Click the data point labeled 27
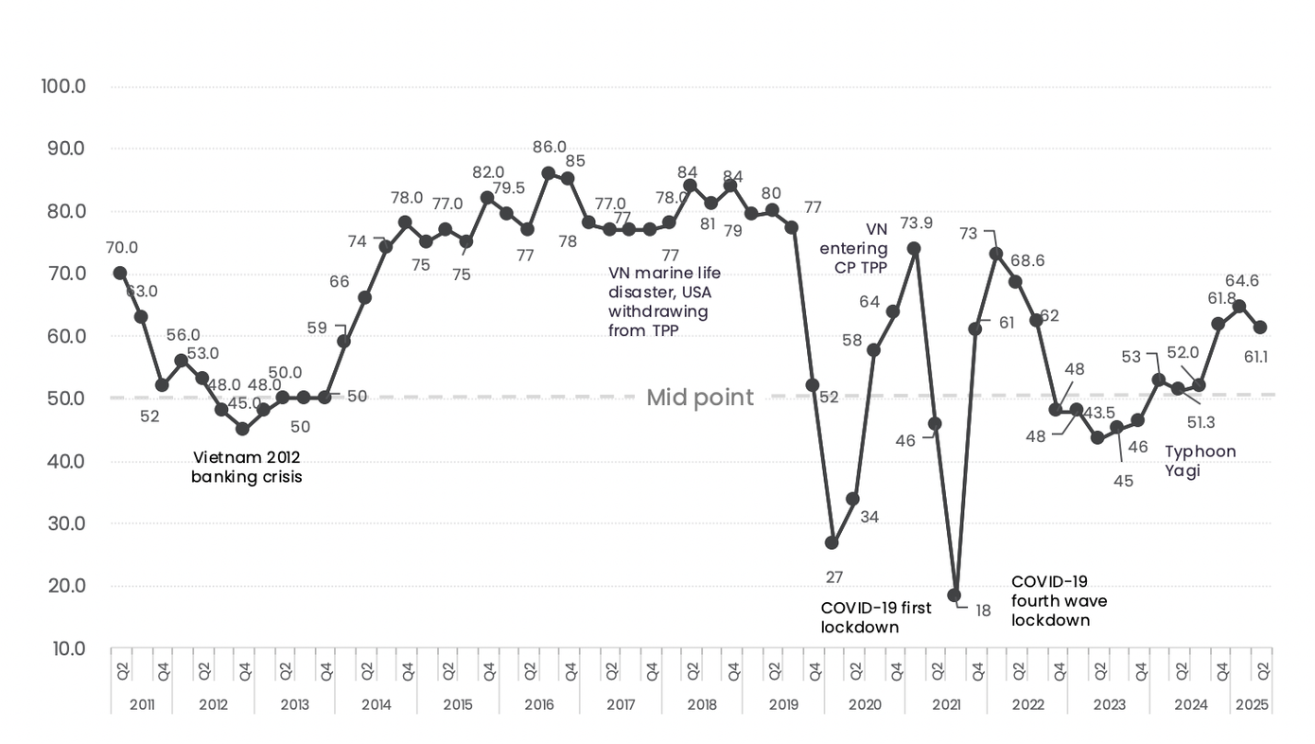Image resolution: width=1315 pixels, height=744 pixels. tap(832, 542)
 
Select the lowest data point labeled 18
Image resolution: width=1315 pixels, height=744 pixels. tap(955, 595)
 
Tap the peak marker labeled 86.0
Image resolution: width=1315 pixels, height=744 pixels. tap(548, 173)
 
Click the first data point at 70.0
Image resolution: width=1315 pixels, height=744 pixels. tap(120, 273)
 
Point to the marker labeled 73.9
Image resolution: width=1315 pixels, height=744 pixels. tap(914, 248)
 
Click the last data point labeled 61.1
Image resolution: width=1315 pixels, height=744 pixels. tap(1260, 328)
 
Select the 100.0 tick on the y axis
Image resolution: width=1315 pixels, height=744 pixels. tap(64, 86)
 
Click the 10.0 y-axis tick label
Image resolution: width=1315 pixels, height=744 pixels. tap(64, 648)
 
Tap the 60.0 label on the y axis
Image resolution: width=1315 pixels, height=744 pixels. tap(64, 336)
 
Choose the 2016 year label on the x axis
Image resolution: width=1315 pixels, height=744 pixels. tap(539, 705)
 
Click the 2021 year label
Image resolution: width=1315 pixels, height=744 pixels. tap(946, 705)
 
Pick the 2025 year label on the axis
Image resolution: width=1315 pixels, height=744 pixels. tap(1251, 705)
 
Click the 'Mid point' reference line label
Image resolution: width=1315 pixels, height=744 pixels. tap(700, 398)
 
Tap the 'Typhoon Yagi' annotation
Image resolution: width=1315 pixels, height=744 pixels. tap(1200, 460)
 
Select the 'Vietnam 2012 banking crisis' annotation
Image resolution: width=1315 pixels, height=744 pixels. tap(247, 468)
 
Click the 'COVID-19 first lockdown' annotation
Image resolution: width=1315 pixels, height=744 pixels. tap(875, 617)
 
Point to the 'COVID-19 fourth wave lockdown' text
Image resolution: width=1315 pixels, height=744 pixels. tap(1059, 601)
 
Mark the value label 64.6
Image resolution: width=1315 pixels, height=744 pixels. tap(1241, 281)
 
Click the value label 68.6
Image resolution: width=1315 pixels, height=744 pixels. tap(1026, 260)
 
